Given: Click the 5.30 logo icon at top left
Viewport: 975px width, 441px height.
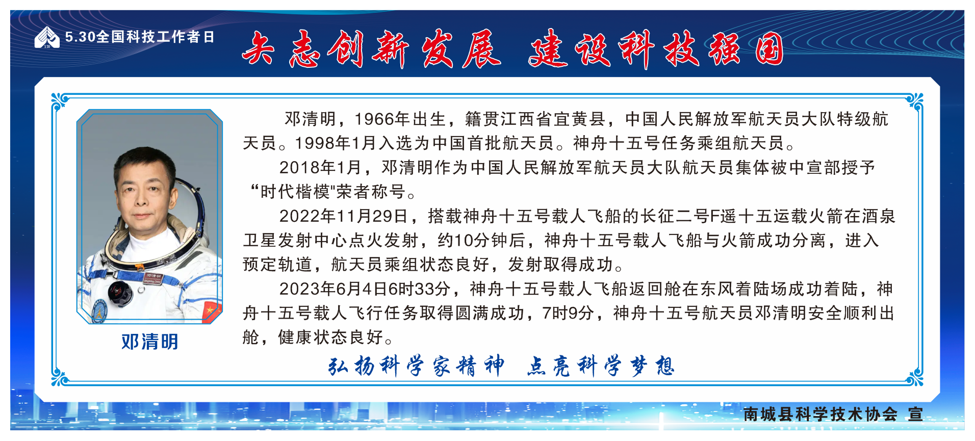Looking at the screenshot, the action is coord(47,37).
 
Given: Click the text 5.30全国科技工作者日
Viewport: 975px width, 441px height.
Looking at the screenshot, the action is coord(140,37).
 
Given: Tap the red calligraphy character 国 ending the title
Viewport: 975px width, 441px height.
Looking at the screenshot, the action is coord(769,49).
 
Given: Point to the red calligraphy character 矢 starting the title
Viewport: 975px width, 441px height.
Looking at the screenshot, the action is coord(258,49).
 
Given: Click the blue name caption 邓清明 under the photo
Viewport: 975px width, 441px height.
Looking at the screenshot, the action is coord(150,342).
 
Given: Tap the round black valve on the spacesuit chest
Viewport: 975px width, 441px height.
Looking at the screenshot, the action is coord(119,292).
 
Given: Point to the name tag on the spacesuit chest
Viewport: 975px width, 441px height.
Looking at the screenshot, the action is coord(153,278).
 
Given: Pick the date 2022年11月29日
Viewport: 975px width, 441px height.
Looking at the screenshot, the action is coord(343,216).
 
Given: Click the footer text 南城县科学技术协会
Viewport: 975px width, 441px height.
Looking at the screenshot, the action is coord(820,414).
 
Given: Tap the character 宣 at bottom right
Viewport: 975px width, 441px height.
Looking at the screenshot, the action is coord(915,414).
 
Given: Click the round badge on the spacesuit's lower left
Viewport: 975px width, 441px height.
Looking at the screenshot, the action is coord(99,310).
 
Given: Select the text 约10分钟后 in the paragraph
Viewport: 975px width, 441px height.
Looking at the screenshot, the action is coord(481,240).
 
